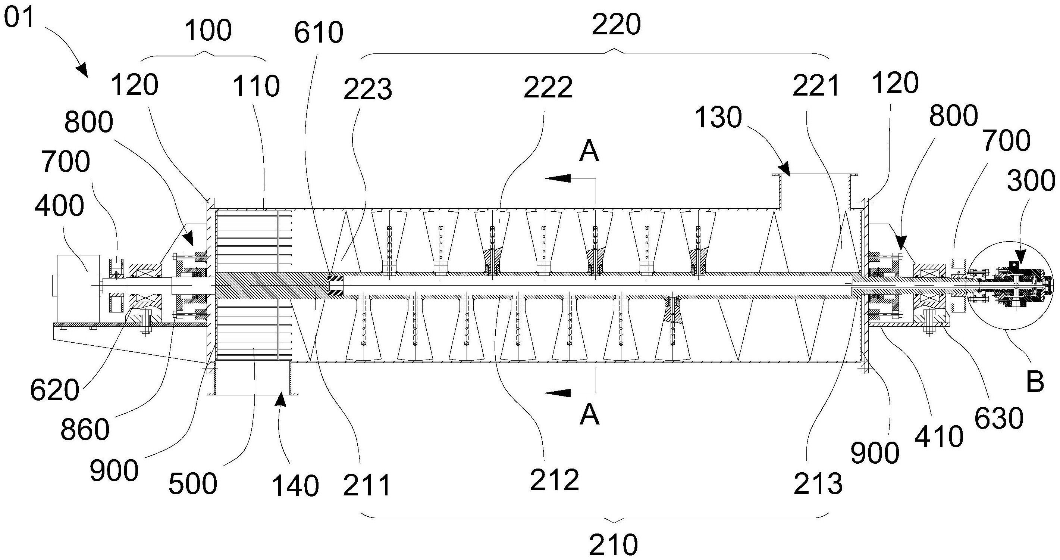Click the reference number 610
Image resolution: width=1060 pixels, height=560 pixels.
pyautogui.click(x=319, y=33)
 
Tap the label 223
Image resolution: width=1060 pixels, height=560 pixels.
pyautogui.click(x=367, y=90)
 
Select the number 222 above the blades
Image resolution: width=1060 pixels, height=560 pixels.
pyautogui.click(x=548, y=88)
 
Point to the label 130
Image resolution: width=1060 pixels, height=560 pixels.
pyautogui.click(x=718, y=117)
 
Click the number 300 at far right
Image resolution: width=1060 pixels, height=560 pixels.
pyautogui.click(x=1031, y=181)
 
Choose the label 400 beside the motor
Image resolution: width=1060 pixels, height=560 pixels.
pyautogui.click(x=59, y=205)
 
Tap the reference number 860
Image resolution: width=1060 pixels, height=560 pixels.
pyautogui.click(x=85, y=430)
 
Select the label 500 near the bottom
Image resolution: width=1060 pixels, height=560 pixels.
pyautogui.click(x=192, y=484)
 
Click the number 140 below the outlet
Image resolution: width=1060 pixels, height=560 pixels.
pyautogui.click(x=295, y=487)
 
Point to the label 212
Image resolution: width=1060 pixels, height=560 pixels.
pyautogui.click(x=554, y=480)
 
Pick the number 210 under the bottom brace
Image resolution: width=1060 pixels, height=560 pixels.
pyautogui.click(x=614, y=545)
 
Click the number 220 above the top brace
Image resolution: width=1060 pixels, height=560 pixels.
pyautogui.click(x=616, y=25)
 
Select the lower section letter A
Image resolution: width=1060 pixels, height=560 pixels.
pyautogui.click(x=589, y=415)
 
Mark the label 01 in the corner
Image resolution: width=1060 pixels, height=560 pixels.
pyautogui.click(x=19, y=18)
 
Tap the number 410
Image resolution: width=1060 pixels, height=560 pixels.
pyautogui.click(x=939, y=437)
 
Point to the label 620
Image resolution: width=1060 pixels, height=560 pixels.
pyautogui.click(x=55, y=391)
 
